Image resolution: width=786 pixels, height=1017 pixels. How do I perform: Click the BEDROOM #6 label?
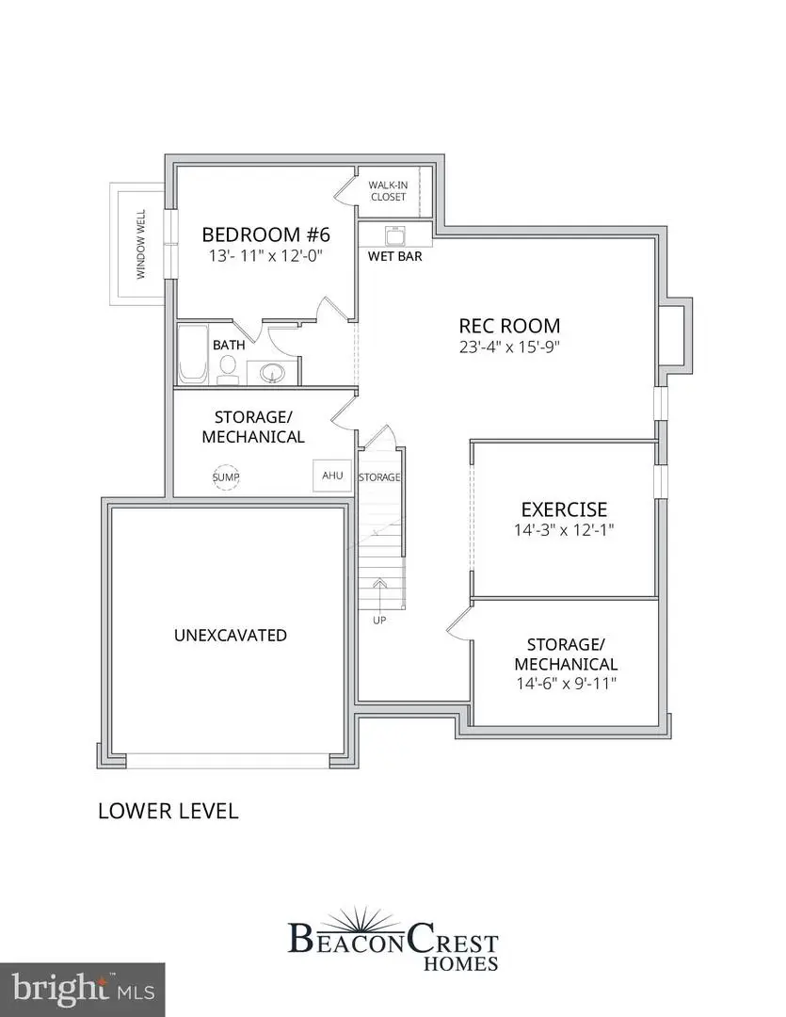pos(266,234)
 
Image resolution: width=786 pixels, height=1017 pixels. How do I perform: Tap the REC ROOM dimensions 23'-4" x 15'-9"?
pos(509,347)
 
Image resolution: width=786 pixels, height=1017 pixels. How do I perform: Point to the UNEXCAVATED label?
pos(231,636)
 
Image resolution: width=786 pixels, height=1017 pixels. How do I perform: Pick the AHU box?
pos(332,476)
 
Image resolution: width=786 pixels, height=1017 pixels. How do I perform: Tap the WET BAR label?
pos(395,256)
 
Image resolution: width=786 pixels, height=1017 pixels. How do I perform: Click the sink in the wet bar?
pos(394,234)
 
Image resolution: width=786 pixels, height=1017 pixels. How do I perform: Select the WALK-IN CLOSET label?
pos(387,191)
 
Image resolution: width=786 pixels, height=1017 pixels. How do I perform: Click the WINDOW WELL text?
pos(142,244)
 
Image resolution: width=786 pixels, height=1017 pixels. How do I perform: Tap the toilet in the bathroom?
pos(228,375)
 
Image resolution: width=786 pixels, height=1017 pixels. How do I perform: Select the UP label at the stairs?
pos(378,620)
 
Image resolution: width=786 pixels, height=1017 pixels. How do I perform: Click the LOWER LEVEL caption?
pos(168,810)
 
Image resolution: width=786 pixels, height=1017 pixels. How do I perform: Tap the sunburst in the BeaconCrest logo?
pos(393,915)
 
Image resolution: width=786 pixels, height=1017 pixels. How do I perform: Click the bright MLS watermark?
pos(82,990)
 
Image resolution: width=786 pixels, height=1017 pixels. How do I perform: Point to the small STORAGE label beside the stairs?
pos(380,477)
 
